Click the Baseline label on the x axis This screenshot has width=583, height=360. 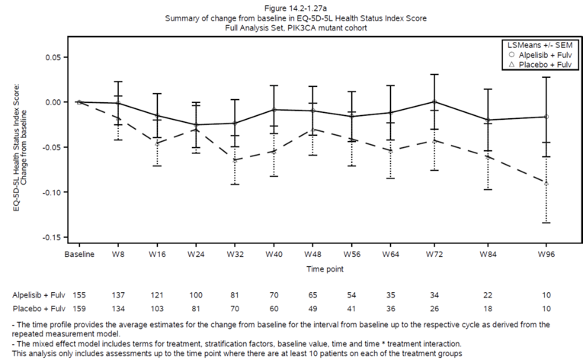78,255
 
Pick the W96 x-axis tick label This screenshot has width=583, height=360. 546,255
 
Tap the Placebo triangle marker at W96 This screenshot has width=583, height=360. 546,183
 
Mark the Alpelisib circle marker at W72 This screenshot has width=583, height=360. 434,101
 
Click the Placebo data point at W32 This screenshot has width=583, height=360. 235,159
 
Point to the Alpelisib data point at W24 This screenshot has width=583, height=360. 196,125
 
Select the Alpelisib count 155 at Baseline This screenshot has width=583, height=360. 78,294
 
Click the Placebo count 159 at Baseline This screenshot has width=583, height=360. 78,308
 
